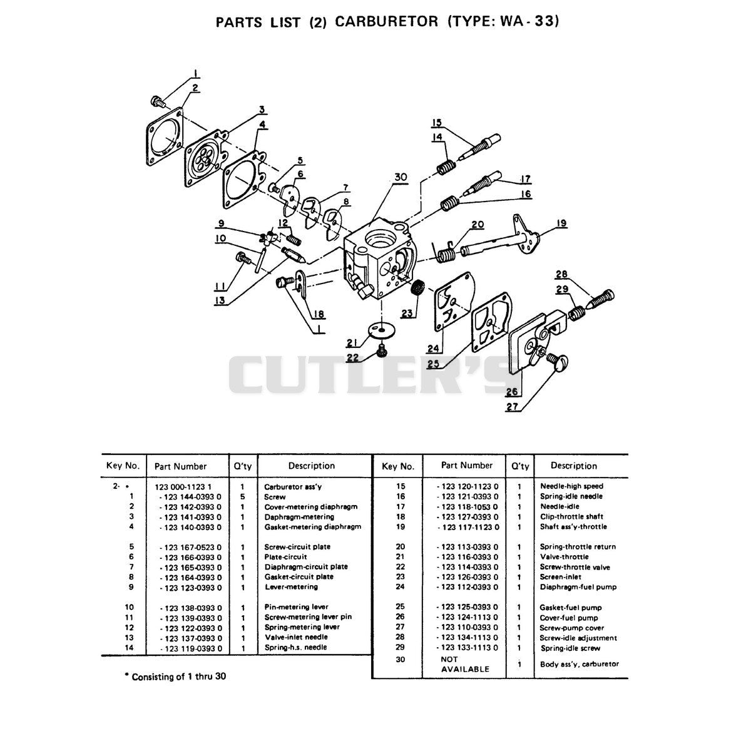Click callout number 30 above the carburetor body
tap(401, 177)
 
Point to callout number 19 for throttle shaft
tap(561, 223)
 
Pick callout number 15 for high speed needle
tap(437, 123)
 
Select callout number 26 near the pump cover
tap(512, 391)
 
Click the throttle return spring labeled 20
tap(444, 253)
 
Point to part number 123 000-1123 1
tap(183, 487)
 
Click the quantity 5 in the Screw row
tap(242, 497)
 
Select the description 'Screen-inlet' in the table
tap(560, 577)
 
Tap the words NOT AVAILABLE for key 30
tap(464, 665)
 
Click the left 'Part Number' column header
tap(180, 466)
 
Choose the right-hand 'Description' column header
tap(573, 466)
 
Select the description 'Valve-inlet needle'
tap(296, 637)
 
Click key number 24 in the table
tap(401, 586)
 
